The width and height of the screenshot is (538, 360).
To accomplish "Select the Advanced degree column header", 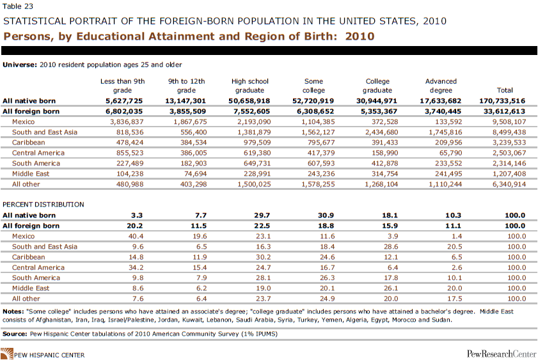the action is (441, 86).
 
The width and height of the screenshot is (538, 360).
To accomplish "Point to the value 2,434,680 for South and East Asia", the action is (381, 132).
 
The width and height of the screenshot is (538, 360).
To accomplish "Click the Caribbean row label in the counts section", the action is (29, 143).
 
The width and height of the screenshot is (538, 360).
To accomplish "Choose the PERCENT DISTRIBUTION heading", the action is (44, 205).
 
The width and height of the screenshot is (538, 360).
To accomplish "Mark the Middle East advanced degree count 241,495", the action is (448, 174).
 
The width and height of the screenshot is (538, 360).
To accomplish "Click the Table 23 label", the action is (18, 6).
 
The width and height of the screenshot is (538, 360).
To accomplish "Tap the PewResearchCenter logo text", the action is (502, 354).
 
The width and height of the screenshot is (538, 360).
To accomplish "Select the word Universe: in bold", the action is (20, 65).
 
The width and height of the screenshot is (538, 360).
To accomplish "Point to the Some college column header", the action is (313, 86).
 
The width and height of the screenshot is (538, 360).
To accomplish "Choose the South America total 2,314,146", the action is (509, 163).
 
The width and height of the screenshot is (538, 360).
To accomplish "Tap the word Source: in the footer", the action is (15, 334).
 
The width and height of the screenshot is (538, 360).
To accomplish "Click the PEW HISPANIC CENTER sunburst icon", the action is (7, 354).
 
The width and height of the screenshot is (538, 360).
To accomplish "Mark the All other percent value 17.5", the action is (455, 299).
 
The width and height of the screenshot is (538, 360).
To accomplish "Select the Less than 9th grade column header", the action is (122, 86).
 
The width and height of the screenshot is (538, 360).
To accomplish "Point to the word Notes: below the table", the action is (13, 311).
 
